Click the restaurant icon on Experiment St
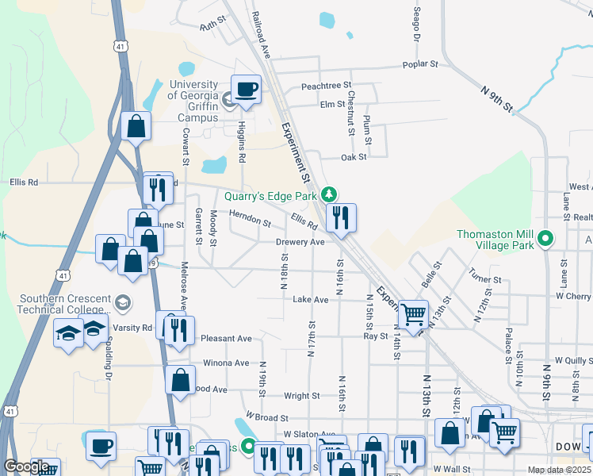click(341, 218)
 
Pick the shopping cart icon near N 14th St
click(412, 315)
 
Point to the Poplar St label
click(420, 63)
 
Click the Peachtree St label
click(326, 86)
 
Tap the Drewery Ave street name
click(300, 242)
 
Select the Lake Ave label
click(310, 300)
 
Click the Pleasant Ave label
click(226, 338)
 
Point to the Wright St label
click(301, 395)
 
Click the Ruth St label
click(213, 26)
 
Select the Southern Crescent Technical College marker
click(123, 302)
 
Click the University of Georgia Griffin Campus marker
click(228, 100)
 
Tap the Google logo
click(26, 466)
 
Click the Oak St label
click(354, 157)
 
